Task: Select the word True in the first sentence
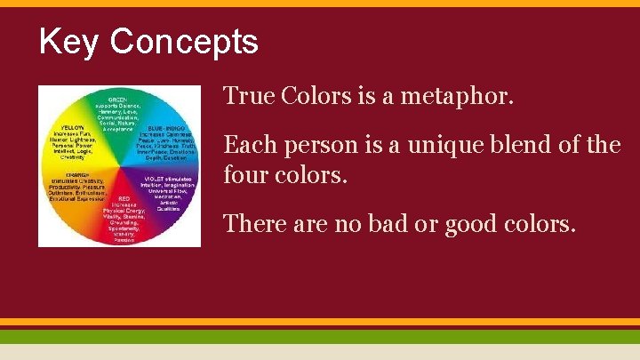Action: (248, 95)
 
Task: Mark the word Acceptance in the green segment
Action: (117, 130)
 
